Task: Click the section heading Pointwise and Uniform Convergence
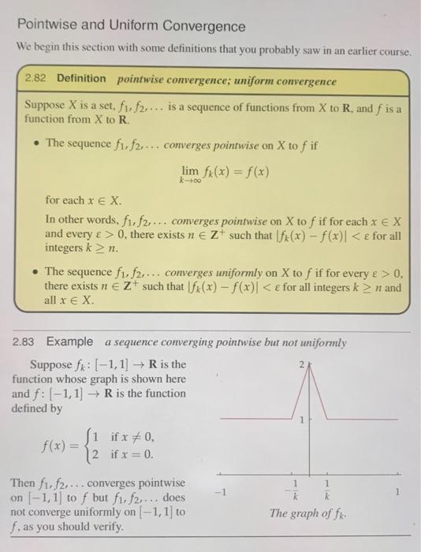point(131,26)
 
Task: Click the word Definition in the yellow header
point(81,79)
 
